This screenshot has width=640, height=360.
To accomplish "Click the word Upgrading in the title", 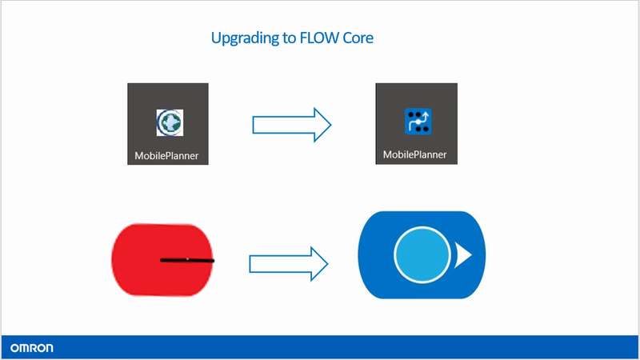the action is pos(245,38).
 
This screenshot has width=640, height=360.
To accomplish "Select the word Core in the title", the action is pos(358,38).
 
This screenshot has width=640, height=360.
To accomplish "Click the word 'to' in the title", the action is pos(290,38).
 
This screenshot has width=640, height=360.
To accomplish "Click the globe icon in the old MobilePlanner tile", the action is pos(170,122).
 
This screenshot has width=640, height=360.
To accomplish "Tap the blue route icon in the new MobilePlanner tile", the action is pos(418,122).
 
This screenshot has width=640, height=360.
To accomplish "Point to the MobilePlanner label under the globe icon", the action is pos(166,155).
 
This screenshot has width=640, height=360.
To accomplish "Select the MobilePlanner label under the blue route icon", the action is pos(414,154).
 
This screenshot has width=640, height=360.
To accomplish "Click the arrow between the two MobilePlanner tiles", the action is pos(292,125).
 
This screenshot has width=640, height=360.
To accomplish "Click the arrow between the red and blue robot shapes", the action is pos(289,264).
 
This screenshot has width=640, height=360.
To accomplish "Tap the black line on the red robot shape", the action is pos(187,260).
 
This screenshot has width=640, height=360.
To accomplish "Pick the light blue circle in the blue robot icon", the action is pos(422,254).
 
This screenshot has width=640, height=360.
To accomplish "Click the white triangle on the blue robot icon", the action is pos(463,255).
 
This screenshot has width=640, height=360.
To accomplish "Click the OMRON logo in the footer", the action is pos(32,348).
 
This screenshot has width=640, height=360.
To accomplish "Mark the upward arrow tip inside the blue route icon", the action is pos(425,114).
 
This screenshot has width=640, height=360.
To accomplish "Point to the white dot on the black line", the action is pos(187,259).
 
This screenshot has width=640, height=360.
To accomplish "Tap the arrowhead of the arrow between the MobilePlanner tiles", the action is pos(322,125).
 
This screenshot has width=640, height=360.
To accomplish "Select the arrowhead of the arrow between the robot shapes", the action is pos(319,264).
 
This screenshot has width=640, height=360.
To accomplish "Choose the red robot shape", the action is pos(162,259).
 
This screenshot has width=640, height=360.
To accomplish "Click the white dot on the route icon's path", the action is pos(418,122).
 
